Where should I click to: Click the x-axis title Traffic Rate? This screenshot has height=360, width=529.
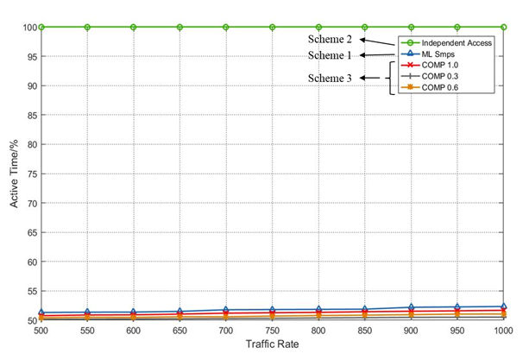(271, 345)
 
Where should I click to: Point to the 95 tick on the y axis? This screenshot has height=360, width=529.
(29, 56)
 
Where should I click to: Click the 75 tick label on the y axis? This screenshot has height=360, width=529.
(29, 174)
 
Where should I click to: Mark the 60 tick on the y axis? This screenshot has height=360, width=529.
(29, 262)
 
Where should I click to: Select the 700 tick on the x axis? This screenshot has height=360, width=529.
(226, 330)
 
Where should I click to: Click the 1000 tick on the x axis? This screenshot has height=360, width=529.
(503, 330)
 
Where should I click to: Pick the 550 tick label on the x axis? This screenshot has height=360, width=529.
(87, 330)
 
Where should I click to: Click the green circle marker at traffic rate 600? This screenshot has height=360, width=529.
(133, 27)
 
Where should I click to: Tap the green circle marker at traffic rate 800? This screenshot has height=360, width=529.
(318, 27)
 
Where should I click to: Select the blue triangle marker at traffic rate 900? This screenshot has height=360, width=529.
(411, 307)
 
